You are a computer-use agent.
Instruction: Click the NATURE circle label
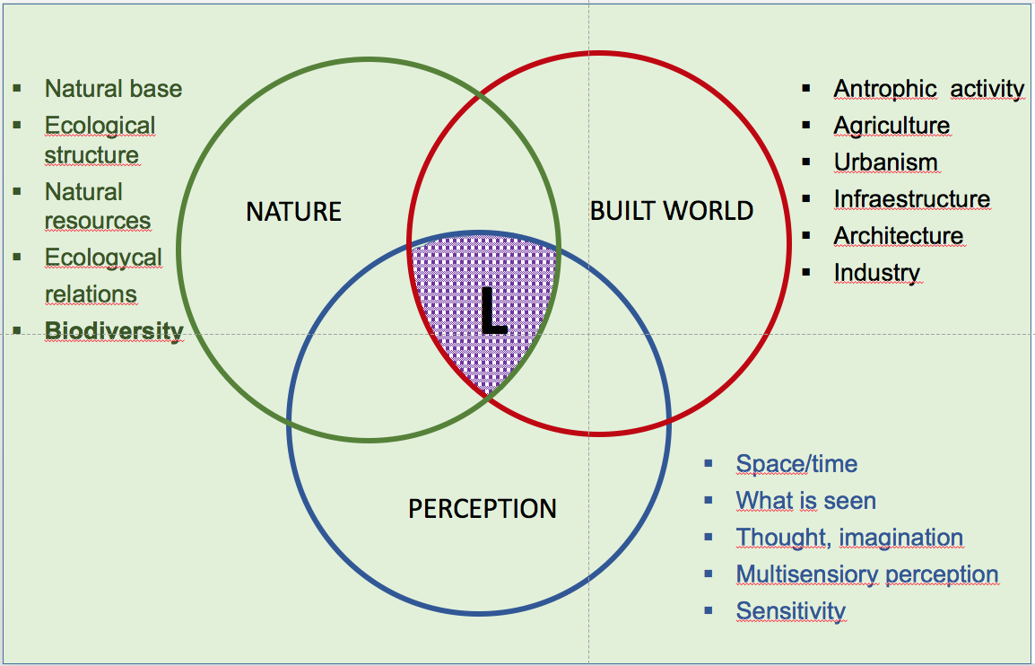[293, 212]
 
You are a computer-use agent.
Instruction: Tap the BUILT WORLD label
[671, 212]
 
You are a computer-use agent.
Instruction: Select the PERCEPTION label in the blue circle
[483, 509]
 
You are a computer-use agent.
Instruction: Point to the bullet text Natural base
[113, 89]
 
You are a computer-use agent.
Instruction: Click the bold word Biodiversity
[114, 330]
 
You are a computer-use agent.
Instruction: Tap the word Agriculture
[891, 126]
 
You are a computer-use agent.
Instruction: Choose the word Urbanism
[885, 162]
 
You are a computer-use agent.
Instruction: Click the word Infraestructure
[911, 199]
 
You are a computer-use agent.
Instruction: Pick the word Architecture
[898, 236]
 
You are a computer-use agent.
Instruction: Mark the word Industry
[876, 273]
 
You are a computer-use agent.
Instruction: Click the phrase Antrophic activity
[928, 89]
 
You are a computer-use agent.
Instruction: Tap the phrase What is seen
[805, 501]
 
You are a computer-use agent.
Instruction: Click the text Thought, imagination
[849, 538]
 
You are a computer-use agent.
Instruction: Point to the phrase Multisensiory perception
[866, 574]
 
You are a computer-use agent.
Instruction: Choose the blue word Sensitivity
[790, 611]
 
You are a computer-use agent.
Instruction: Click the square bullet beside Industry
[806, 272]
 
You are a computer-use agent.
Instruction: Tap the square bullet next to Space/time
[709, 463]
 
